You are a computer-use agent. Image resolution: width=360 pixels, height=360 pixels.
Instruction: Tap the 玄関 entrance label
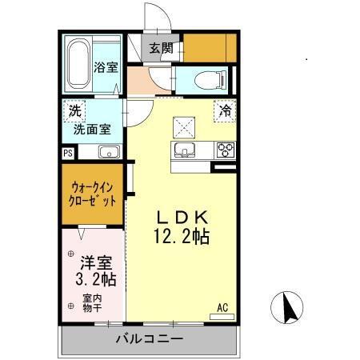[160, 48]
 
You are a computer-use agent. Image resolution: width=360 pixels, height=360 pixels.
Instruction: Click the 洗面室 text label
[93, 128]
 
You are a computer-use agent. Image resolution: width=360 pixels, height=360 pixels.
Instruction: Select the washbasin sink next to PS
[109, 152]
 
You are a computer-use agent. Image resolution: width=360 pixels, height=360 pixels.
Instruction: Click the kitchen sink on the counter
[185, 151]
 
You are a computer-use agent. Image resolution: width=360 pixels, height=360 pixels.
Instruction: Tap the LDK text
[182, 218]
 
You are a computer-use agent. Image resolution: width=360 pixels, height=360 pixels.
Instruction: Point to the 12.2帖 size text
[182, 237]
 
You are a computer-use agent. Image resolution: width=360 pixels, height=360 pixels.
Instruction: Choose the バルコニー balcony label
[148, 338]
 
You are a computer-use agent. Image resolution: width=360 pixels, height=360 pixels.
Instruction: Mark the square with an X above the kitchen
[183, 125]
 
